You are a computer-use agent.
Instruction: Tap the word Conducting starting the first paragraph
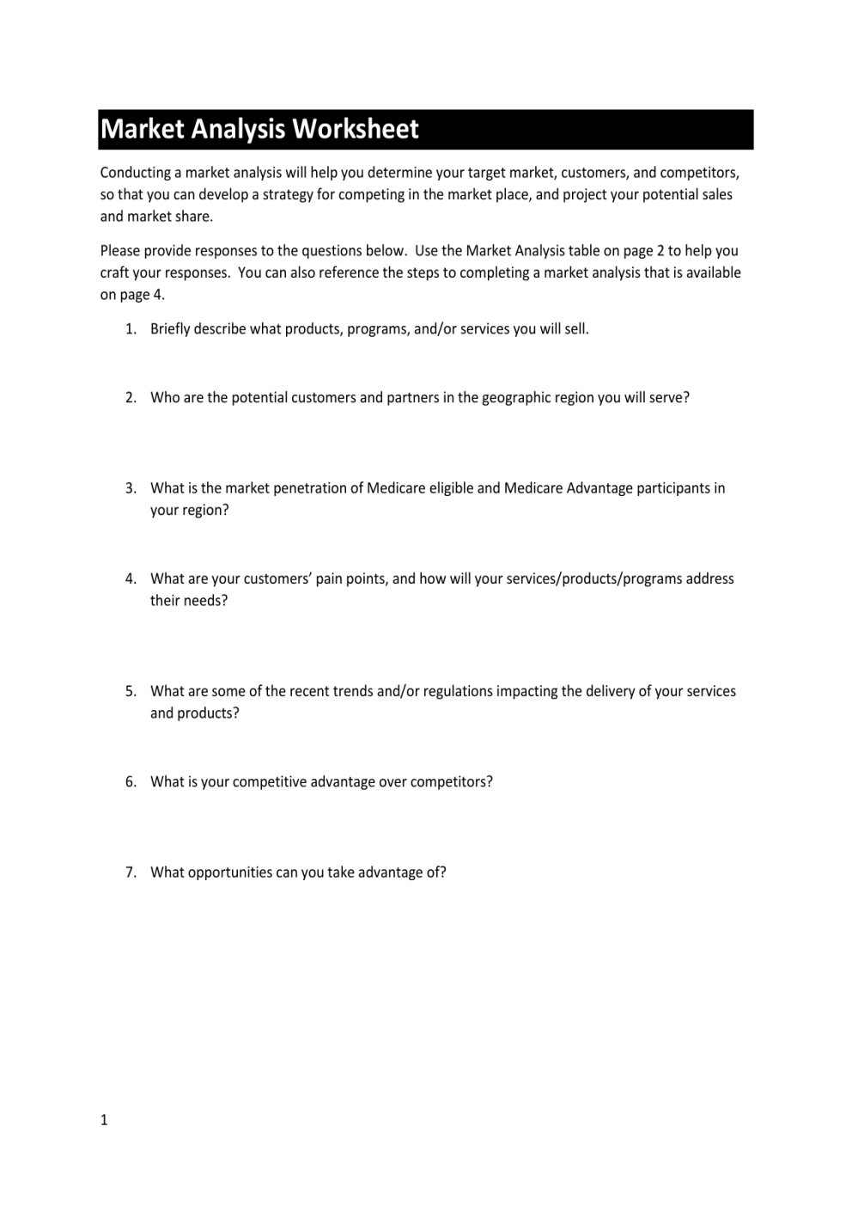[x=135, y=173]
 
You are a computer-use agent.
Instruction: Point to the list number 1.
[x=130, y=329]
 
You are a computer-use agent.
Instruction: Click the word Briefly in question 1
[x=170, y=329]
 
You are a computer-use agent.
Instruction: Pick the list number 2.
[x=130, y=398]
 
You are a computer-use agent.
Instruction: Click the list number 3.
[x=130, y=488]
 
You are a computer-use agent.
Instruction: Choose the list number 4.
[x=130, y=579]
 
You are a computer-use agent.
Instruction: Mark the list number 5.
[x=130, y=691]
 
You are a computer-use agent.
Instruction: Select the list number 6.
[x=130, y=782]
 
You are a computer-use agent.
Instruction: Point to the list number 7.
[x=130, y=872]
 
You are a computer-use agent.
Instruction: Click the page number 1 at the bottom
[x=104, y=1120]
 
